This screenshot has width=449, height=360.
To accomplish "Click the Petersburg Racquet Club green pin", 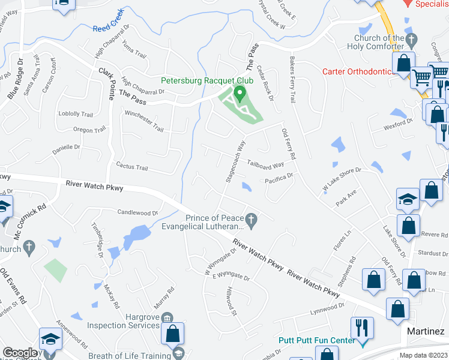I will [x=240, y=94].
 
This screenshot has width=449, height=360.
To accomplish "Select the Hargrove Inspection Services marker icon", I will [x=167, y=317].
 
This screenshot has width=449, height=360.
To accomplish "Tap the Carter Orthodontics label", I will [x=357, y=71].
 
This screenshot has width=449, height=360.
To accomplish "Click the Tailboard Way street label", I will [x=265, y=166].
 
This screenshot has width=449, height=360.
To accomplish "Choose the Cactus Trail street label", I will [x=131, y=167].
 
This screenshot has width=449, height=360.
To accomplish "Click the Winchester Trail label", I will [x=143, y=121].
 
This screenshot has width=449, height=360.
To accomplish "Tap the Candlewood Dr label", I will [x=137, y=212].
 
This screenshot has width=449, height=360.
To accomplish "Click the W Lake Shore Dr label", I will [x=342, y=180].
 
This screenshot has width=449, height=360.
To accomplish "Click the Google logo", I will [x=19, y=353].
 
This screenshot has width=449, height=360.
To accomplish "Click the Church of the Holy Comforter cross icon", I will [x=411, y=41].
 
